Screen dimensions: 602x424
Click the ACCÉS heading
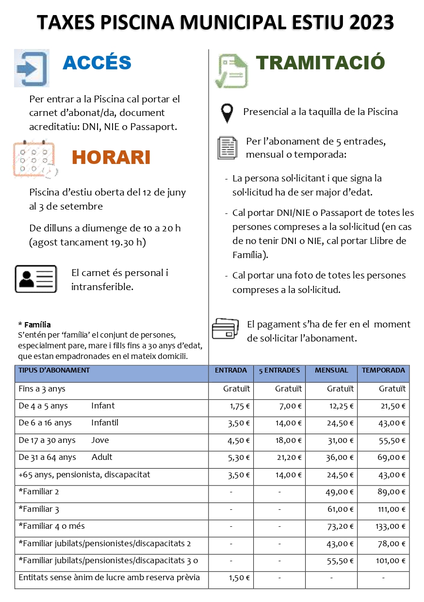[x=97, y=63]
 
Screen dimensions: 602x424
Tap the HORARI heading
[x=111, y=157]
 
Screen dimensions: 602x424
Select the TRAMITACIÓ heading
[x=320, y=63]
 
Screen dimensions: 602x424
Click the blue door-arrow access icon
[x=32, y=68]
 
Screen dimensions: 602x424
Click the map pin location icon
[x=227, y=113]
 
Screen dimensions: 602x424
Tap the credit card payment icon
[x=225, y=328]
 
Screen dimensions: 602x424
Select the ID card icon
[x=36, y=279]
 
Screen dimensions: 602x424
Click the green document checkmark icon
[x=233, y=71]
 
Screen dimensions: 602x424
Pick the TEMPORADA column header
[x=383, y=370]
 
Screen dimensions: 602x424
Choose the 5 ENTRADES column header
[x=279, y=370]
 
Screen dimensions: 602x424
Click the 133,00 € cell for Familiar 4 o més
[x=391, y=526]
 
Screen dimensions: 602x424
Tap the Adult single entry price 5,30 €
[x=239, y=457]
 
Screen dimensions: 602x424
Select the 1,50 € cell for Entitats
[x=239, y=578]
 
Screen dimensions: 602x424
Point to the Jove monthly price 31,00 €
[x=340, y=440]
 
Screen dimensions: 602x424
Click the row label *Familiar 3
[x=39, y=509]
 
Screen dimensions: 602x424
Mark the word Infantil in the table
[x=105, y=423]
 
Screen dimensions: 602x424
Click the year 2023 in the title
[x=371, y=23]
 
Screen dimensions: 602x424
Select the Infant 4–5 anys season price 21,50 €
[x=392, y=406]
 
